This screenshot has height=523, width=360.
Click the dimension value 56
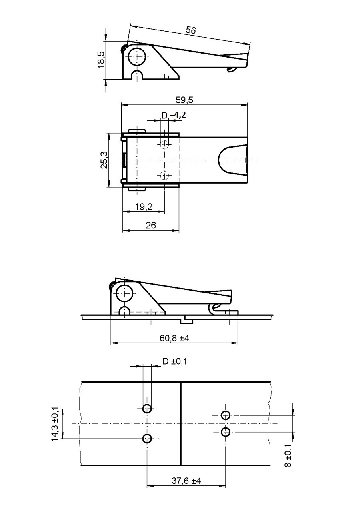click(191, 30)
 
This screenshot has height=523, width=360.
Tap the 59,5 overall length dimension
click(185, 100)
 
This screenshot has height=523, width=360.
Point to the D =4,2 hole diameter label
click(173, 115)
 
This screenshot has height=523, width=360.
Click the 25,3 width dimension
click(104, 160)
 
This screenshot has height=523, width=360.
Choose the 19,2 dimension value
click(144, 206)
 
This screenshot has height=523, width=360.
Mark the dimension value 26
click(151, 226)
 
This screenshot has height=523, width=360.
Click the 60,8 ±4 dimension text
click(174, 338)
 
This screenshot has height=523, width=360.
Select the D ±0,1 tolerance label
click(175, 361)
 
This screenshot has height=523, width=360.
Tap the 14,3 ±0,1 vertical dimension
click(55, 424)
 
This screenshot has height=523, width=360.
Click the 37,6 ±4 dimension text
click(186, 481)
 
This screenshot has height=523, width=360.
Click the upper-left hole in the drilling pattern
click(147, 409)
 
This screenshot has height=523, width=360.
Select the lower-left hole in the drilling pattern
click(147, 439)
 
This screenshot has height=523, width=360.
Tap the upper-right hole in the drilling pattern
click(226, 415)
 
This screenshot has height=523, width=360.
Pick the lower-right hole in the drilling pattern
click(226, 432)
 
